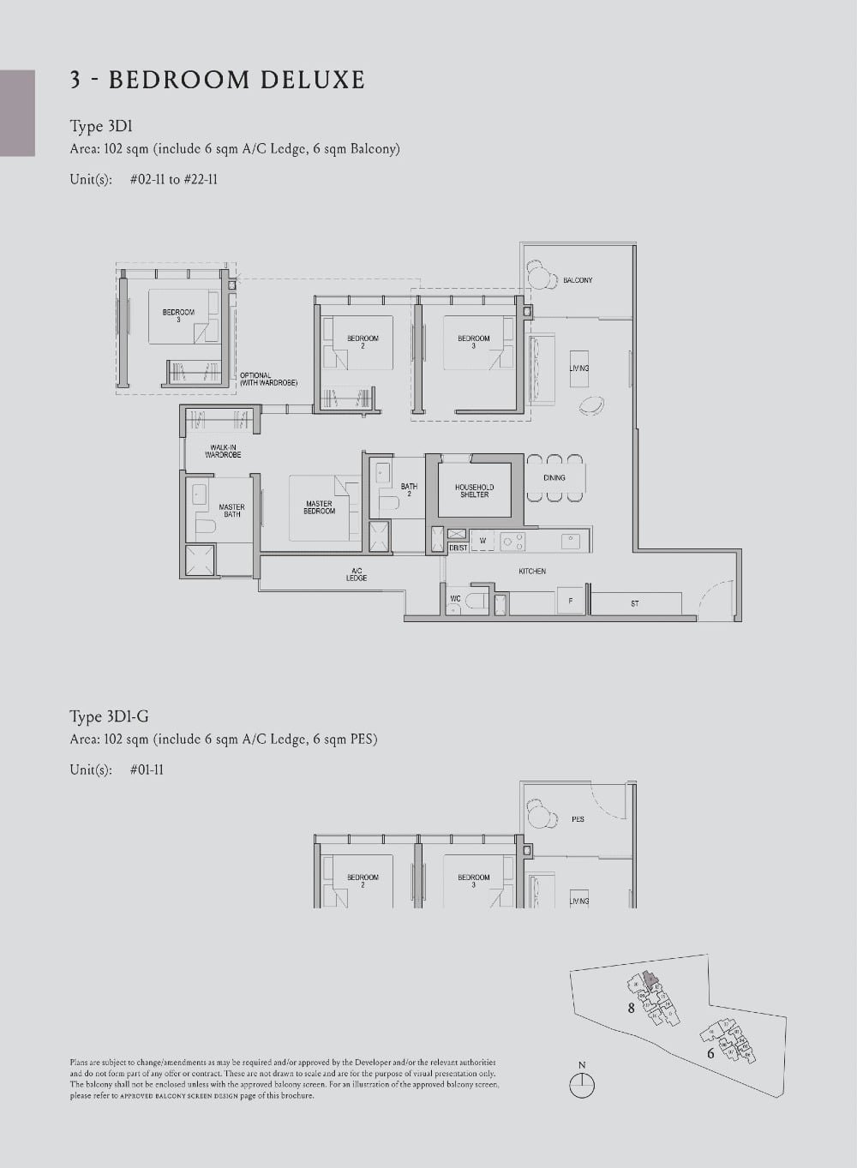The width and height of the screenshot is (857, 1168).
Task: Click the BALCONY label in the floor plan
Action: (x=578, y=280)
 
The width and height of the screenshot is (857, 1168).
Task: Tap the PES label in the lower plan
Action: (x=578, y=819)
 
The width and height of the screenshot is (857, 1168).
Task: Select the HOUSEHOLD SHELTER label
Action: (x=474, y=490)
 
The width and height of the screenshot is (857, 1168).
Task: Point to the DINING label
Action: (x=554, y=477)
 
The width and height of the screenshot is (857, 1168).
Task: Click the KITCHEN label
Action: (x=532, y=571)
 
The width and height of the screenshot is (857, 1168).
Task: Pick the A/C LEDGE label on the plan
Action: (x=357, y=575)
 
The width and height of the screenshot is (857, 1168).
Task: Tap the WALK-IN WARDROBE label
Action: (x=223, y=451)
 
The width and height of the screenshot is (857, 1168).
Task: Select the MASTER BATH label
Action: (x=231, y=510)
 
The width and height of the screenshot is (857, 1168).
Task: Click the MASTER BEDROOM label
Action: (x=319, y=507)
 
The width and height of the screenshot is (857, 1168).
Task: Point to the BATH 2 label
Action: (x=409, y=489)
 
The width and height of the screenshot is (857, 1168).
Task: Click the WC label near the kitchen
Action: (x=455, y=599)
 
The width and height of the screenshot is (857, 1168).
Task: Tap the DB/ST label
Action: (x=458, y=548)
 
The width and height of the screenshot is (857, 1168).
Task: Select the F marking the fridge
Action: (x=570, y=602)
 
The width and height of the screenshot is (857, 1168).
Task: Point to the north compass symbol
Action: (x=582, y=1084)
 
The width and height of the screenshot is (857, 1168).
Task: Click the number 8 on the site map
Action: (x=632, y=1008)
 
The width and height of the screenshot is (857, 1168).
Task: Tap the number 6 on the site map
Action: (x=710, y=1053)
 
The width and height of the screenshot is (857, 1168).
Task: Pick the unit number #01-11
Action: (x=147, y=770)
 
